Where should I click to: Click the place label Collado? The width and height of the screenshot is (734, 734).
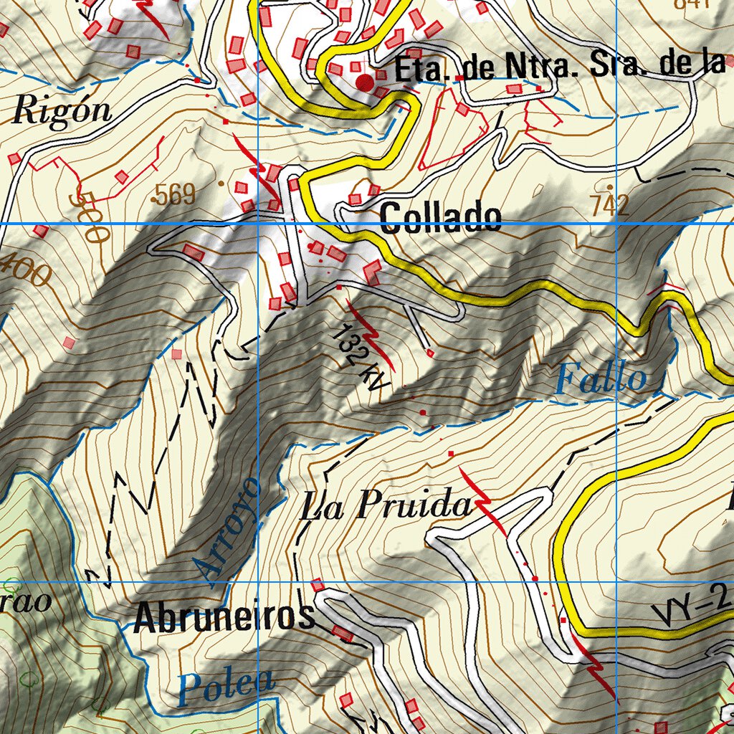[x=440, y=217]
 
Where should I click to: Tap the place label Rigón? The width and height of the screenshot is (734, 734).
[x=63, y=112]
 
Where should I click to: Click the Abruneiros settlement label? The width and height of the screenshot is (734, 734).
[x=224, y=616]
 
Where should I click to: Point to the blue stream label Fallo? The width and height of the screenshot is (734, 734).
[x=601, y=378]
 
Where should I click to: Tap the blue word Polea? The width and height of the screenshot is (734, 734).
[x=226, y=685]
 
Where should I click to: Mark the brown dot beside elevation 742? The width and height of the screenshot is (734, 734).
[x=610, y=187]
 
